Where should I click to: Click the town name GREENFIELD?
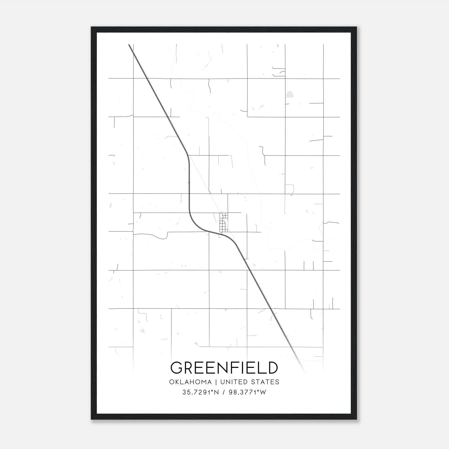point(224,368)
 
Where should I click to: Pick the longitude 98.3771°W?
point(247,392)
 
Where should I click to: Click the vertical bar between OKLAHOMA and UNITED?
point(216,382)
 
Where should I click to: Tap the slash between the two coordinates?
point(223,392)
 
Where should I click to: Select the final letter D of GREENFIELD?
point(272,368)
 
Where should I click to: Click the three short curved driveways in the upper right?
point(279,72)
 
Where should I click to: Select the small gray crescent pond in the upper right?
point(263,107)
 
